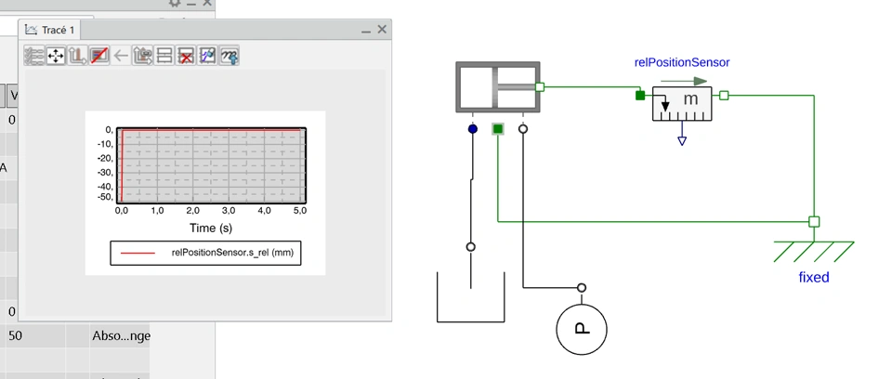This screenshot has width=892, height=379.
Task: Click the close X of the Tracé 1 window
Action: pos(382,30)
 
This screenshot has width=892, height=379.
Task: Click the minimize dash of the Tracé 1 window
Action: pos(365,31)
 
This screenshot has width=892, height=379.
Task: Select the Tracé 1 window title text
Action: pos(58,31)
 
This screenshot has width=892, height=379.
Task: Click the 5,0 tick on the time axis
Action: pos(300,211)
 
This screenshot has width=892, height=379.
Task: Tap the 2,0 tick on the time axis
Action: pos(193,211)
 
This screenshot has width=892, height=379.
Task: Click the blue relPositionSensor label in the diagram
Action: pos(682,62)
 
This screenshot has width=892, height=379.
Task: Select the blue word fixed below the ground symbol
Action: pos(814,277)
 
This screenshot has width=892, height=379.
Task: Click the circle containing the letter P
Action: pos(582,329)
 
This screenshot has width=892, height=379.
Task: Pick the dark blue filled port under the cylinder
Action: pos(473,129)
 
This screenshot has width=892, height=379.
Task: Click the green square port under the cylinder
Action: pos(498,129)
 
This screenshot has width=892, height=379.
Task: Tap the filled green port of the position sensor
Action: pos(639,95)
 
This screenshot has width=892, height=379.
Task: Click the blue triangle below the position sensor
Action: pos(682,141)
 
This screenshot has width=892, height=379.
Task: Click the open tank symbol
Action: pos(470,297)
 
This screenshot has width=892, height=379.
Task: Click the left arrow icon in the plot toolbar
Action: pos(121,56)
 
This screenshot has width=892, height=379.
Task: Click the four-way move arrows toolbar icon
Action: pos(56,56)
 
